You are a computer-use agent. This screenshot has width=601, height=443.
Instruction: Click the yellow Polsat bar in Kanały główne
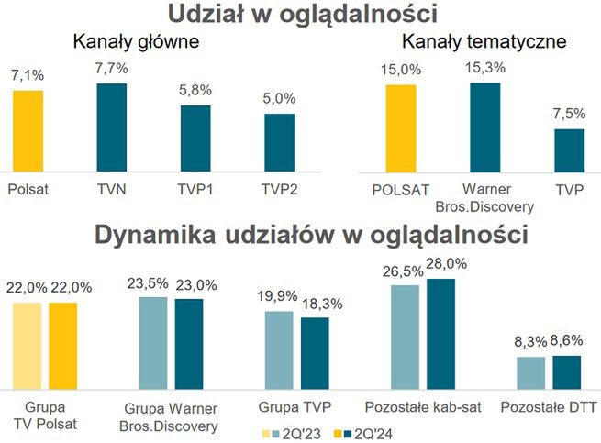pos(28,129)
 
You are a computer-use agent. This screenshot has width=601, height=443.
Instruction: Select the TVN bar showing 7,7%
pos(112,127)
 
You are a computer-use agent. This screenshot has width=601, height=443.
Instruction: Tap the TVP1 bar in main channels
pos(195,138)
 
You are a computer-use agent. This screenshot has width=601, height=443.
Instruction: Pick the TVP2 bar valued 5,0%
pos(279,142)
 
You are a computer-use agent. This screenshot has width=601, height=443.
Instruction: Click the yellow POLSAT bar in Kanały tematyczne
pos(400,127)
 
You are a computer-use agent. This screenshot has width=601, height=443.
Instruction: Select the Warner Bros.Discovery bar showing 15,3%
pos(485,127)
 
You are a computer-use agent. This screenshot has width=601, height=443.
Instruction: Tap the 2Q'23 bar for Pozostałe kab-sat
pos(405,338)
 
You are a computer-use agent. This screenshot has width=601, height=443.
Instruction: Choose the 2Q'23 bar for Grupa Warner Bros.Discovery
pos(153,344)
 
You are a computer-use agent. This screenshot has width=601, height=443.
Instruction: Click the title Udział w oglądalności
pos(300,14)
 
